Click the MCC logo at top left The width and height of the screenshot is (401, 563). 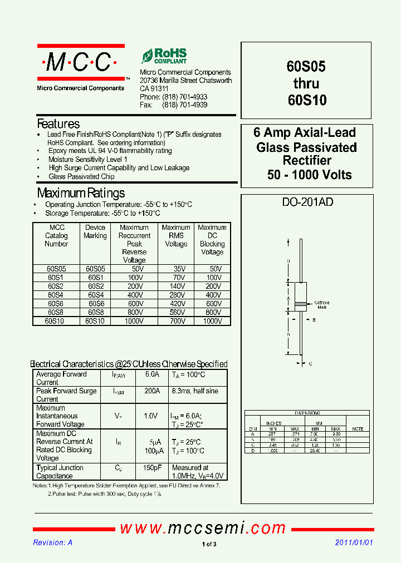(81, 63)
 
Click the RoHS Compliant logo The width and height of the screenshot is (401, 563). (164, 56)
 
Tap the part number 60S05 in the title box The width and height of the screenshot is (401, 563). (306, 67)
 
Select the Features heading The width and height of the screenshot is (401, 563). (58, 124)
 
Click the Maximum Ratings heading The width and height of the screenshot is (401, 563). (81, 194)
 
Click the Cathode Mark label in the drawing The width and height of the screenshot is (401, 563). (322, 305)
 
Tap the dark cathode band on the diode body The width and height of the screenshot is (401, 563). (300, 304)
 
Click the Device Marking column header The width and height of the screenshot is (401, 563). (95, 231)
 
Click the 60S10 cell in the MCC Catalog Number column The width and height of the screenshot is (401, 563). (55, 321)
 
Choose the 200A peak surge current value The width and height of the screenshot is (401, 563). (152, 391)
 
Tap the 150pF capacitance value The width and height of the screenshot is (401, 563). (152, 468)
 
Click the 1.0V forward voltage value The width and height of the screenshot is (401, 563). (151, 416)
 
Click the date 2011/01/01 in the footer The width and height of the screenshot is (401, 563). (354, 543)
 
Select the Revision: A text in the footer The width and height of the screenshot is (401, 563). (53, 543)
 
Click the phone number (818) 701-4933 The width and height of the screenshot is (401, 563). (185, 97)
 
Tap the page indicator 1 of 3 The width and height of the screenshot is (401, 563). (209, 544)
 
